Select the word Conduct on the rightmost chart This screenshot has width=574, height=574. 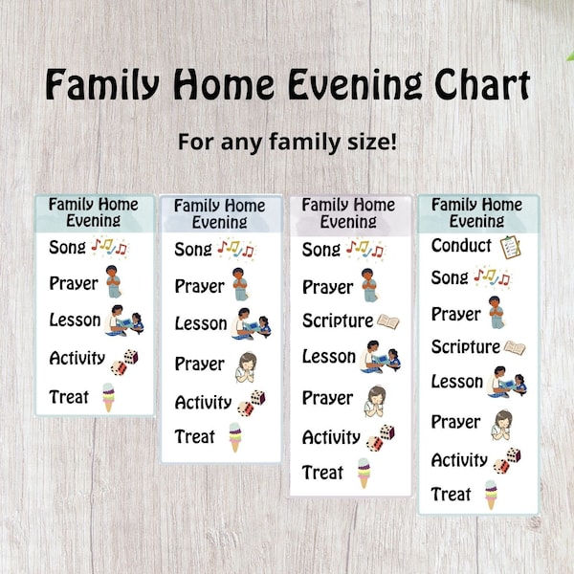[x=461, y=246]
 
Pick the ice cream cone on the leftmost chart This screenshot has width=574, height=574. [x=108, y=396]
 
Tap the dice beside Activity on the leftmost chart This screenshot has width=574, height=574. [x=124, y=361]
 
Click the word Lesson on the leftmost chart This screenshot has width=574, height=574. [x=76, y=320]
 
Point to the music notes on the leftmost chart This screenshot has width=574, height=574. [x=109, y=248]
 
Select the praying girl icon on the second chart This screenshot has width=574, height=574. [x=246, y=364]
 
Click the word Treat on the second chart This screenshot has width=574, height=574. [x=195, y=436]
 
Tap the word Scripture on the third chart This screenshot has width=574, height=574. [x=338, y=320]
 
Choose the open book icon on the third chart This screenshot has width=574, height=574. [x=387, y=321]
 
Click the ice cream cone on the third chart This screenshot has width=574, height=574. [x=364, y=473]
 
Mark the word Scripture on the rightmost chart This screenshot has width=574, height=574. [x=466, y=346]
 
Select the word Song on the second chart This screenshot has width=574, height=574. [x=194, y=250]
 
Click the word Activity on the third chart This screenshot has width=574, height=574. [x=331, y=437]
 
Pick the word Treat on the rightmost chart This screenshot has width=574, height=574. [x=452, y=495]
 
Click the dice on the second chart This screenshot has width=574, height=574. [x=252, y=403]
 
